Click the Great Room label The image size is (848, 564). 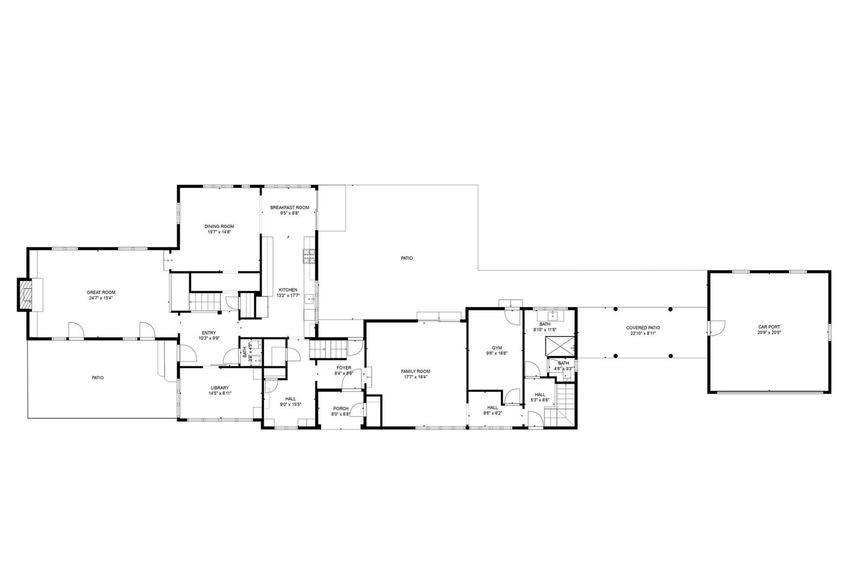coord(101,292)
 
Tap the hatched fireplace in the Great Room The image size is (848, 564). coord(26,295)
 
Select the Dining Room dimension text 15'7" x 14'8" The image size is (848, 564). coord(219,232)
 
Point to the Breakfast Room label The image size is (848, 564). coord(289,207)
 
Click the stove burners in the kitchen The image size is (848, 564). coord(308,256)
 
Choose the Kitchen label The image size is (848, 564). coord(288,290)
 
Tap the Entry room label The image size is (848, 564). coord(209,333)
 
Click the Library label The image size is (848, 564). coord(220,388)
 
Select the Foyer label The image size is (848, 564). coord(344,367)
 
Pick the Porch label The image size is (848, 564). coord(341,408)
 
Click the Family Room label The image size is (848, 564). coord(416,371)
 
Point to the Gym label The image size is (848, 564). coord(497,348)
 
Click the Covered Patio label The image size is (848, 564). coord(643,328)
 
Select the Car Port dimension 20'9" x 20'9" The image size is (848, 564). coord(770,333)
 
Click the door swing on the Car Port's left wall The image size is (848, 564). coord(717,328)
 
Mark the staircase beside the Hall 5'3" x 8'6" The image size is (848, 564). coord(560,405)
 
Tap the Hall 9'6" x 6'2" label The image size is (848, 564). coord(493,407)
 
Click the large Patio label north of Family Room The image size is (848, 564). coord(407,258)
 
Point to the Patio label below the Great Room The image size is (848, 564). coord(98,377)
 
